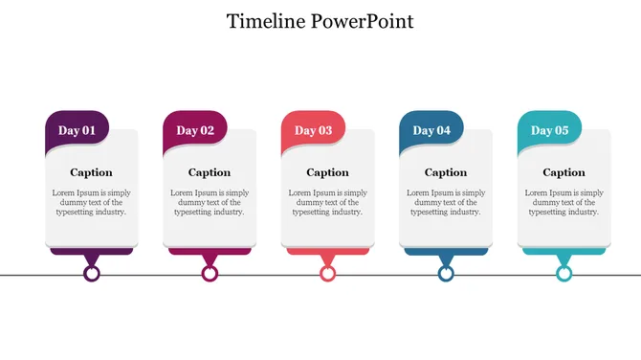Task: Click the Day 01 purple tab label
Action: [x=77, y=130]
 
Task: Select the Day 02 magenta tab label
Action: [x=195, y=130]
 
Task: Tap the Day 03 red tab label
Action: [x=314, y=130]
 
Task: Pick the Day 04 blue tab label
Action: [x=431, y=130]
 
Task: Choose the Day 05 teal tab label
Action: [x=550, y=130]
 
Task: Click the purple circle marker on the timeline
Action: [x=92, y=274]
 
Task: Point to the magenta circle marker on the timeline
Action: [x=210, y=274]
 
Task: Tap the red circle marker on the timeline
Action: [x=328, y=274]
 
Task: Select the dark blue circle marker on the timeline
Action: [x=446, y=274]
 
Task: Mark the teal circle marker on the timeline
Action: [x=564, y=274]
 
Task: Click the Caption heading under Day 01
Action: [x=91, y=173]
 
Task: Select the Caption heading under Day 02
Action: [x=210, y=173]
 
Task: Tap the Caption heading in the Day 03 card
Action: [x=327, y=173]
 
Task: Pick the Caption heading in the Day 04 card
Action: [x=446, y=173]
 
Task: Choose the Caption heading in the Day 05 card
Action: [x=564, y=173]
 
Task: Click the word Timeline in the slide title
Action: [x=267, y=21]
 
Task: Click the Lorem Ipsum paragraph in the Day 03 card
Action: [x=327, y=202]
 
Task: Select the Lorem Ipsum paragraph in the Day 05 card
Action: [x=564, y=202]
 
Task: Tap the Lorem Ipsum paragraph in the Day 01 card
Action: [x=91, y=202]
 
